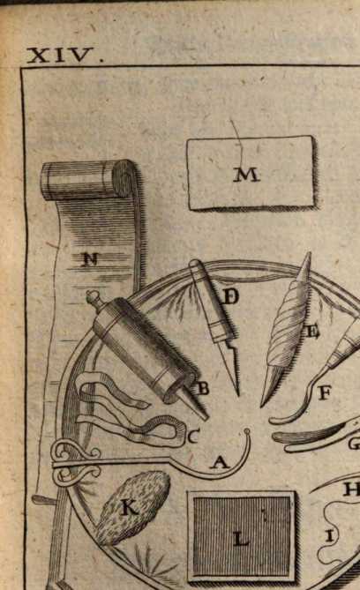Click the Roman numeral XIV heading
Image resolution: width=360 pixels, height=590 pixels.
click(65, 56)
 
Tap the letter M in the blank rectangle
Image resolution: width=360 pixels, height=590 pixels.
click(247, 175)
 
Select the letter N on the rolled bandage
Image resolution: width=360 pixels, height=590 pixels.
click(90, 259)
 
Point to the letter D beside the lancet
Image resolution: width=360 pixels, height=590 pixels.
click(229, 297)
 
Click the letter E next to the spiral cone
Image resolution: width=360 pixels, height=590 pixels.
click(312, 332)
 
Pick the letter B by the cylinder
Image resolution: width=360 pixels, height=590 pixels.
click(203, 389)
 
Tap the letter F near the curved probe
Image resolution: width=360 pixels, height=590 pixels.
click(325, 394)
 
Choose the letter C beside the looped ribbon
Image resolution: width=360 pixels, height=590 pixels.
click(192, 437)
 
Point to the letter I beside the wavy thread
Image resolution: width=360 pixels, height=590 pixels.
click(330, 536)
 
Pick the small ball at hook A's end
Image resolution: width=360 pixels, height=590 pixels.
click(247, 431)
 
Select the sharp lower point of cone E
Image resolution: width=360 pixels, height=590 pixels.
click(262, 405)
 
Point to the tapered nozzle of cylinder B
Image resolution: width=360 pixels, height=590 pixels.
click(198, 407)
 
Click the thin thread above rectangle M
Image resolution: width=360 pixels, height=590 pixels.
click(238, 139)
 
